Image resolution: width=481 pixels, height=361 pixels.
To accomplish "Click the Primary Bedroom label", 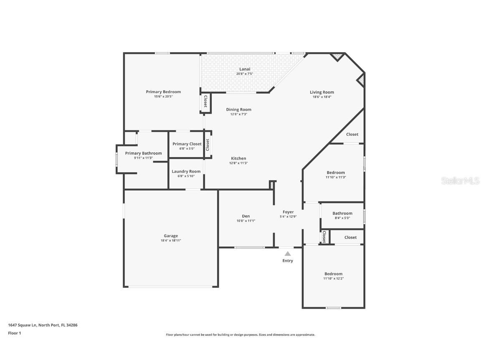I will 163,92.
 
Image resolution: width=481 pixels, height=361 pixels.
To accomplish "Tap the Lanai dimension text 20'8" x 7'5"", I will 245,74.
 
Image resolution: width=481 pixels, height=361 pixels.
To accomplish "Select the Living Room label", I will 322,92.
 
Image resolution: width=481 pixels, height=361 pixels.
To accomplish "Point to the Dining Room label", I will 239,109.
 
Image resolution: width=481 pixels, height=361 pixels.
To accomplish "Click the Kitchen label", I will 239,158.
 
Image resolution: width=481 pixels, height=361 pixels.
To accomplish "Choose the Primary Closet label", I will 187,144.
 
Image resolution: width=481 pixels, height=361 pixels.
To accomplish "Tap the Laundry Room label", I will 186,171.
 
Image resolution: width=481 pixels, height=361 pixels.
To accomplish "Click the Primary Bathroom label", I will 143,153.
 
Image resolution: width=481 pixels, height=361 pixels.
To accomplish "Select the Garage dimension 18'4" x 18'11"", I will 171,241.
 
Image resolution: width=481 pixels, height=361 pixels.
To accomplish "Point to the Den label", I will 246,216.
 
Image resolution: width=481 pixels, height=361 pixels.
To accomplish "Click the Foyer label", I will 288,212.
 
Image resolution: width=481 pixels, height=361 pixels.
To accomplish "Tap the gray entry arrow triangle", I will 288,254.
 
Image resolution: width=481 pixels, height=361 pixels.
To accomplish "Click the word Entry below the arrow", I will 288,261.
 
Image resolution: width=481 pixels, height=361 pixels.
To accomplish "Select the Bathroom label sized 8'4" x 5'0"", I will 342,214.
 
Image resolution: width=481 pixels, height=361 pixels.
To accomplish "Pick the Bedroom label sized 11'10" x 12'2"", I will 333,274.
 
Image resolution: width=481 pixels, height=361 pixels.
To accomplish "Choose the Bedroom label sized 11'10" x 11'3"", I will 336,173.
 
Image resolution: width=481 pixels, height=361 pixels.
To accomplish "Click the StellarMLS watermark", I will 458,180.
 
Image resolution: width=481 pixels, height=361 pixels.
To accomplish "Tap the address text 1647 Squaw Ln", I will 23,325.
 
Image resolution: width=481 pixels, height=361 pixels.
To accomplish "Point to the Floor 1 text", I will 14,333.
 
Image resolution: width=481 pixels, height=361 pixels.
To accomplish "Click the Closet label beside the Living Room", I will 352,135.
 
